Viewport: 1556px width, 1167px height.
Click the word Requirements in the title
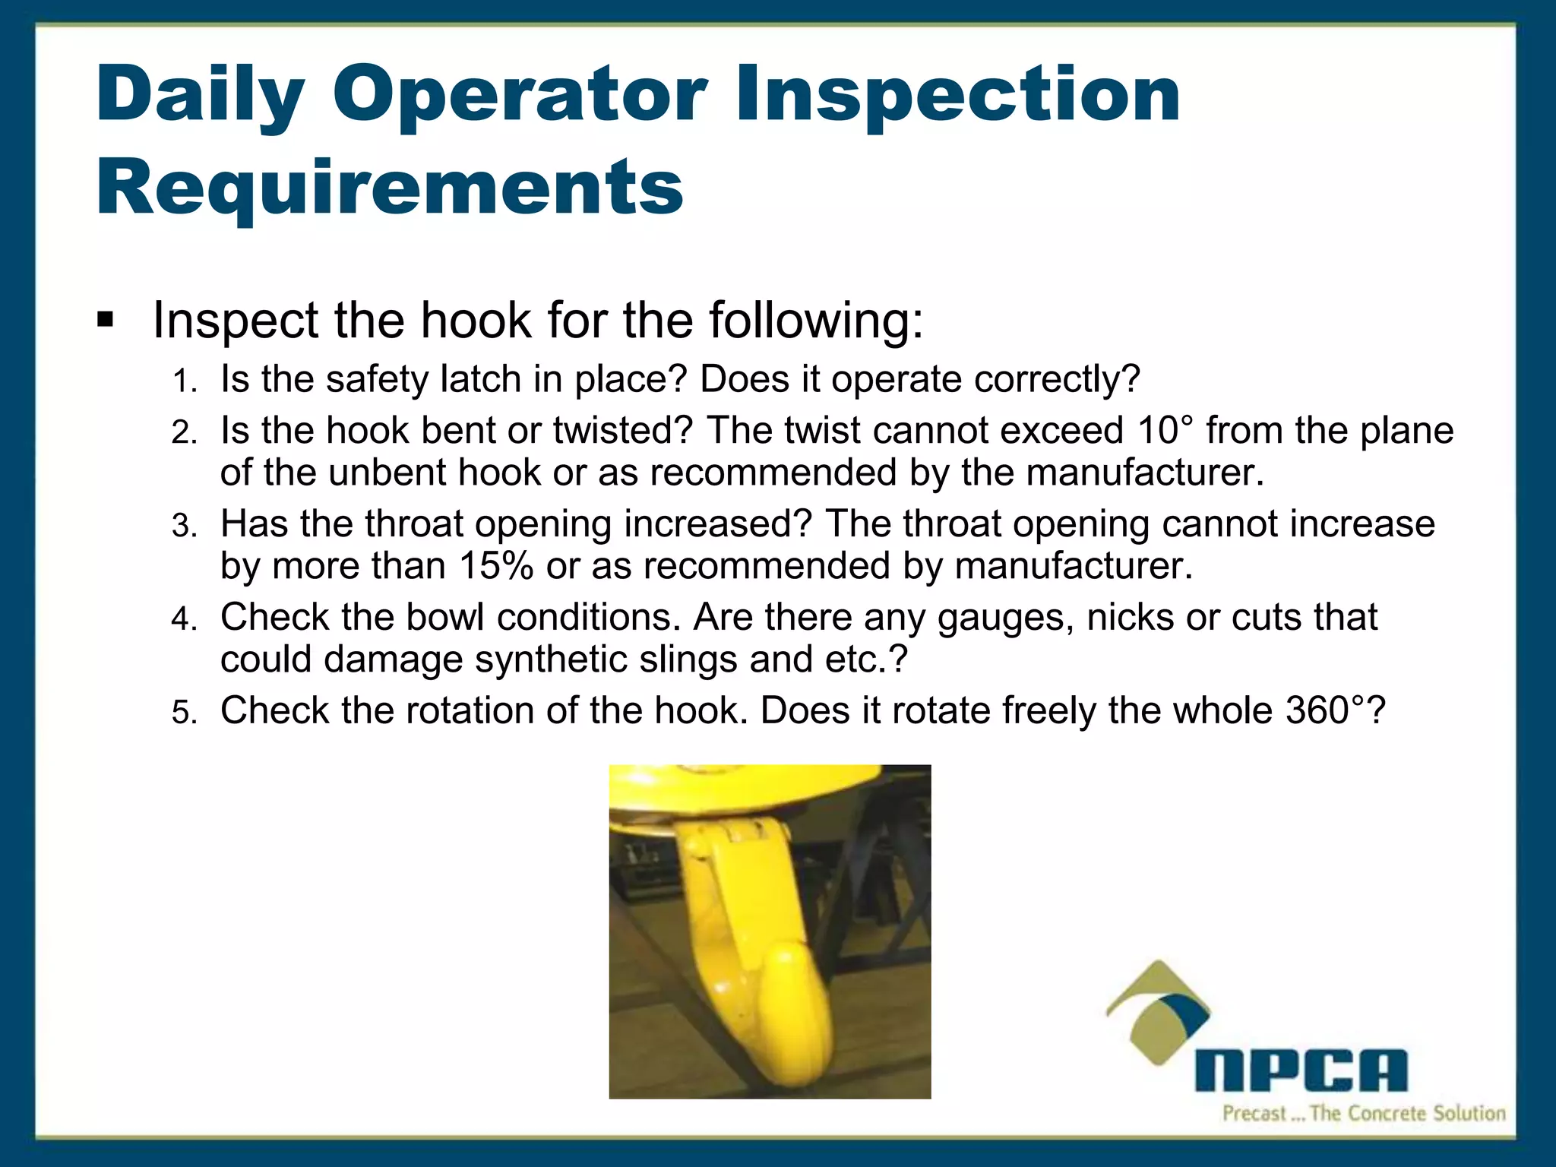pyautogui.click(x=390, y=188)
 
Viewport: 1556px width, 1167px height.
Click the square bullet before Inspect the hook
pyautogui.click(x=106, y=320)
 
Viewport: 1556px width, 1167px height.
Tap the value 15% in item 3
pyautogui.click(x=495, y=566)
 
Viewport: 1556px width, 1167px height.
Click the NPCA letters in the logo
pyautogui.click(x=1301, y=1071)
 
